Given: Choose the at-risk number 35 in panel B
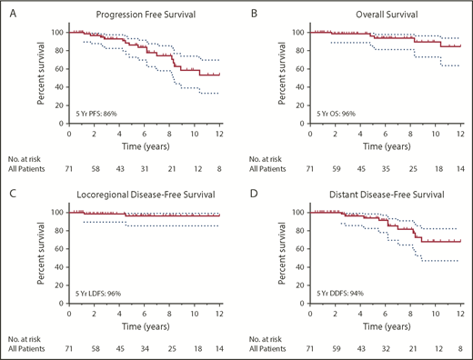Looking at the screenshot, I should (388, 170).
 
